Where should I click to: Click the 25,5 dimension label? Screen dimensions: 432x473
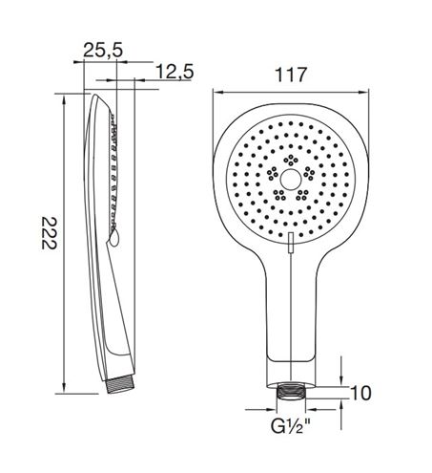103,50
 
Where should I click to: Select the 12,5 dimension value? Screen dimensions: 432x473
175,72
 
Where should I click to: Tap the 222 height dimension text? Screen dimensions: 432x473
50,233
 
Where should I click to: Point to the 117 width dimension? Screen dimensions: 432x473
291,75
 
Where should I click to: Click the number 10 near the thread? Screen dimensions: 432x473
360,393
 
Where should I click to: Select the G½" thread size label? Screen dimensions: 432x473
291,426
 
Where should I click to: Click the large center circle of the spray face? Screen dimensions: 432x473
291,179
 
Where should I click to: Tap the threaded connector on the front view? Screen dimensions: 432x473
291,392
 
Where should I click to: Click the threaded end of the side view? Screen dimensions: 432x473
120,385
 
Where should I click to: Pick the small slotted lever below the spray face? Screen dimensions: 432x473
291,243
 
